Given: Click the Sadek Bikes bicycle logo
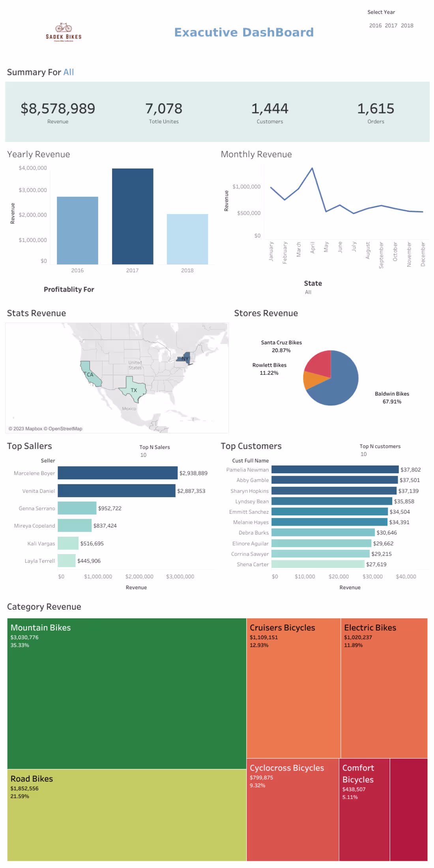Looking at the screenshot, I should [x=64, y=32].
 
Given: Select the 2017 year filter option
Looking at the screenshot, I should [x=391, y=26].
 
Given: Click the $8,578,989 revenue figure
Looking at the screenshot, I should [x=58, y=109].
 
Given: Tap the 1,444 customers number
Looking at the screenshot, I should [x=270, y=109].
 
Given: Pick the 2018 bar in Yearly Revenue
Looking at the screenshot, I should [x=187, y=239].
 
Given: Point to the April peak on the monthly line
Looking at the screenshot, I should [x=312, y=168].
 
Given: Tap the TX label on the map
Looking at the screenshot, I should [x=134, y=390].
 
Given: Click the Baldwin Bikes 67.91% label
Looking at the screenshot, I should [x=392, y=398].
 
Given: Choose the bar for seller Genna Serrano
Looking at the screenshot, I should [x=77, y=508].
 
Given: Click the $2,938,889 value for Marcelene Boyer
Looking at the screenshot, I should [x=193, y=473].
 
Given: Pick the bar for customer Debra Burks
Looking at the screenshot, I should [x=323, y=533].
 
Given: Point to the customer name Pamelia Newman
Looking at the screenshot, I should [x=247, y=470].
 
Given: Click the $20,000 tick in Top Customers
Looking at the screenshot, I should [x=339, y=577].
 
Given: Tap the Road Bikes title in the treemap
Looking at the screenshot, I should [x=32, y=779].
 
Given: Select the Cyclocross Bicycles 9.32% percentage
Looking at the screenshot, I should [x=257, y=786].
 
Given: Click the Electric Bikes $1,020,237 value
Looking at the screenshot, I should [x=358, y=637].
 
